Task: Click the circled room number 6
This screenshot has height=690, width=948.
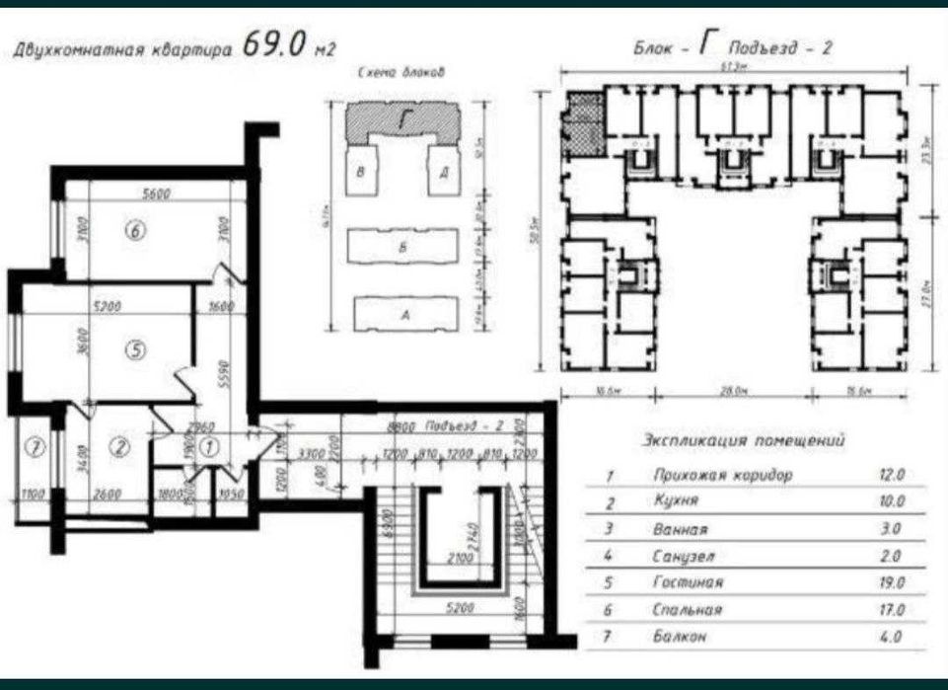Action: tap(136, 231)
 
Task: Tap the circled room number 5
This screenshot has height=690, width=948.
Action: tap(136, 348)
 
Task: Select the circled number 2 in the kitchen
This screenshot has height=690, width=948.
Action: tap(119, 447)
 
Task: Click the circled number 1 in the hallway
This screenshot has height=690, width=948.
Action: tap(208, 446)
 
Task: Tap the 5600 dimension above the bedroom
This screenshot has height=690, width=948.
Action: tap(156, 193)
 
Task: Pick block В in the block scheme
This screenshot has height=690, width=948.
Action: tap(363, 172)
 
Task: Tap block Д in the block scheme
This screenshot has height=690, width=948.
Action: tap(444, 172)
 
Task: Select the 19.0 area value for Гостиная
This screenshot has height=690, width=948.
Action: tap(892, 583)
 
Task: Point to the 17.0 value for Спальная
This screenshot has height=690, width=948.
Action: tap(892, 610)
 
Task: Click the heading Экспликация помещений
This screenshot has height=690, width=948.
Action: tap(743, 441)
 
